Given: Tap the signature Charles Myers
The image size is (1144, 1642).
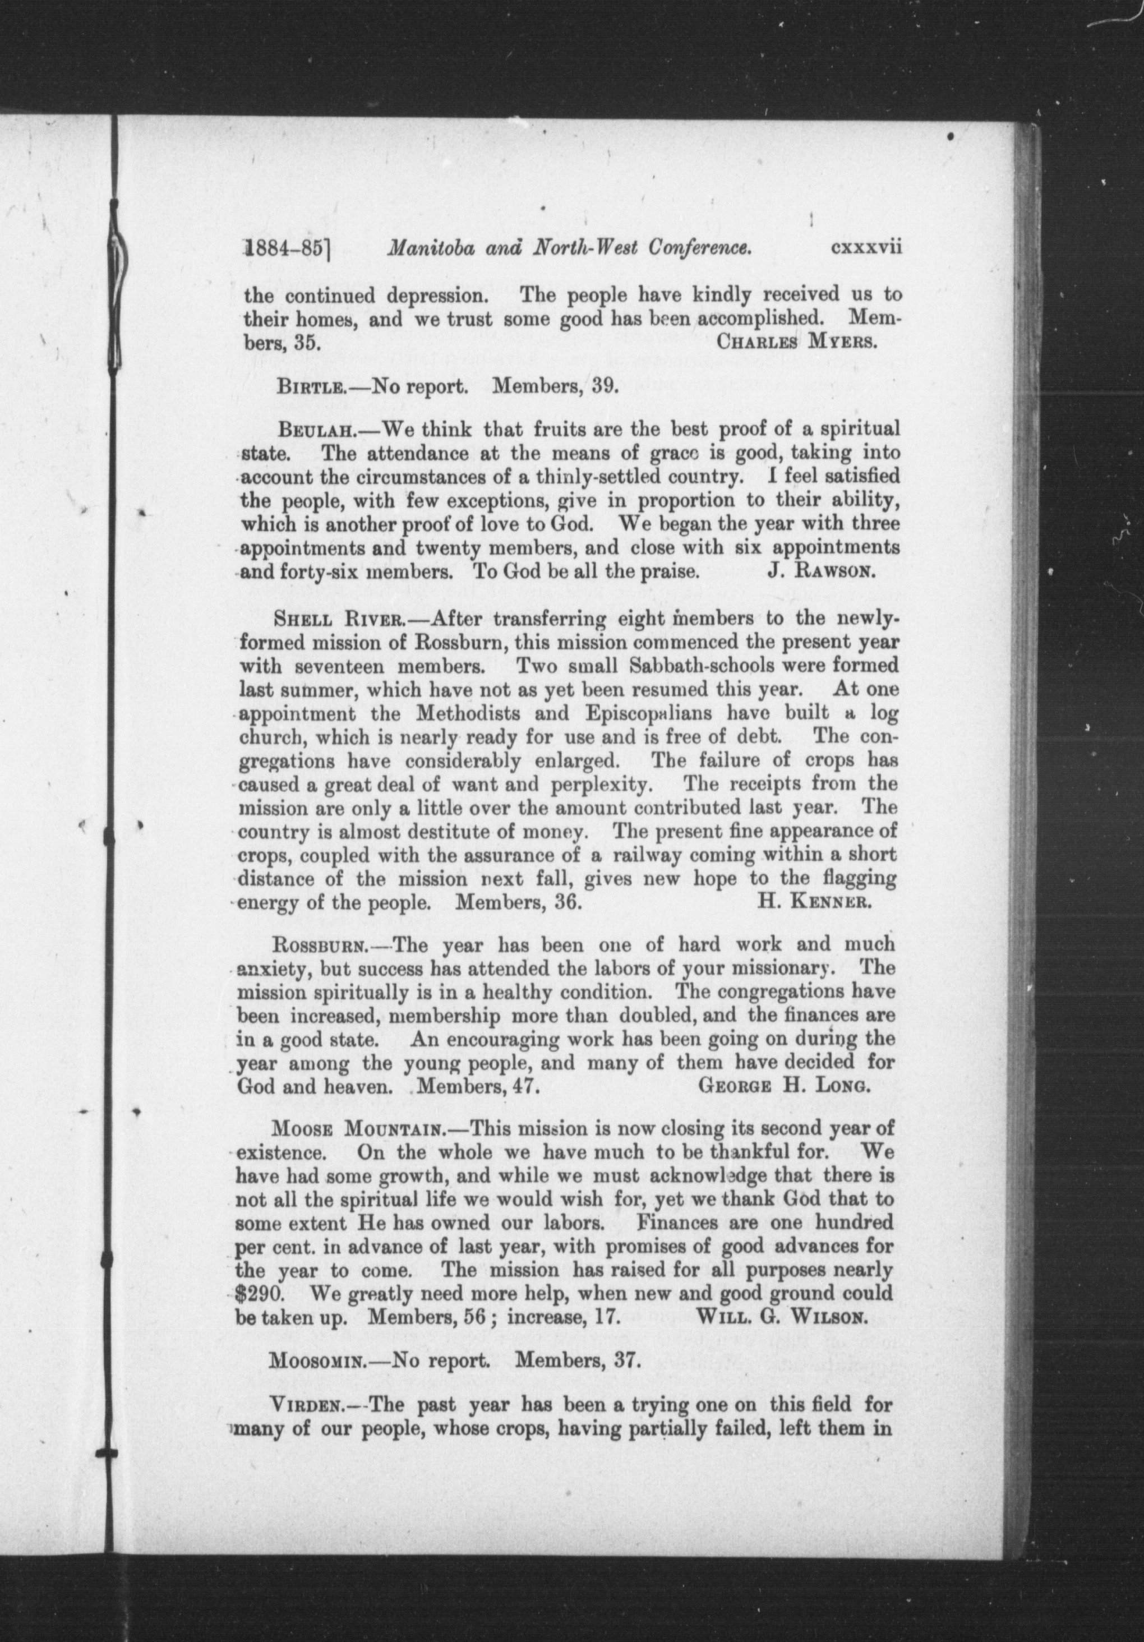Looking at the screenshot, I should (x=796, y=340).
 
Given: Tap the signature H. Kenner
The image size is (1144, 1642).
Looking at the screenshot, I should (x=814, y=902).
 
